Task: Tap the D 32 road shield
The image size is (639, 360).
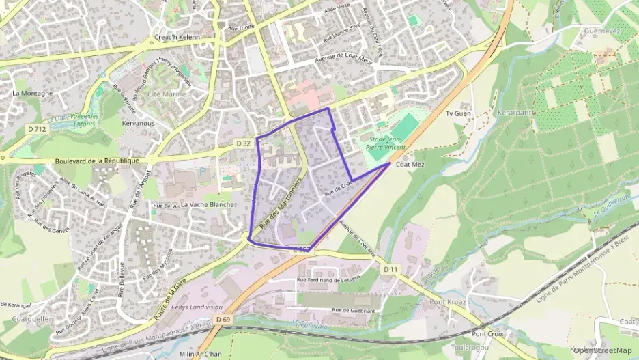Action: pyautogui.click(x=244, y=143)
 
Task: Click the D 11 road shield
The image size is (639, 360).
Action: pyautogui.click(x=390, y=270)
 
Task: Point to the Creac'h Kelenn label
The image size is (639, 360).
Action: pyautogui.click(x=177, y=37)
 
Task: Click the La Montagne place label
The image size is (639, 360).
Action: pyautogui.click(x=33, y=93)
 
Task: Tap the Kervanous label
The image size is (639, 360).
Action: pyautogui.click(x=138, y=124)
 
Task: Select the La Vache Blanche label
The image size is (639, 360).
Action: pyautogui.click(x=208, y=204)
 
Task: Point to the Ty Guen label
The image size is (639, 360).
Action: pyautogui.click(x=459, y=113)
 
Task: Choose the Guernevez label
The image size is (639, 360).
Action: pyautogui.click(x=601, y=31)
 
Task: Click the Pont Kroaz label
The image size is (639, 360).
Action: pyautogui.click(x=448, y=301)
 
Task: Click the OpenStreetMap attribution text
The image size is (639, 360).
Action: pyautogui.click(x=603, y=350)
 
